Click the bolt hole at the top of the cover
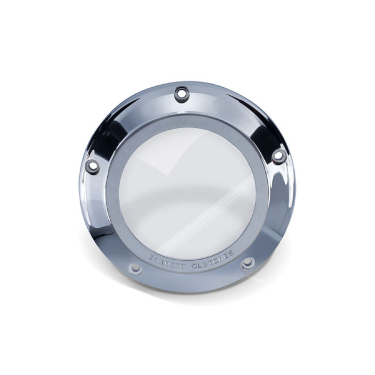tap(181, 93)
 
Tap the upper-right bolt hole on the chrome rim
tap(278, 155)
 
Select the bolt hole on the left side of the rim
tap(92, 166)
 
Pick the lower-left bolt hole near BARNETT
tap(135, 269)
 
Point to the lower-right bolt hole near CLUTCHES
tap(247, 263)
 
